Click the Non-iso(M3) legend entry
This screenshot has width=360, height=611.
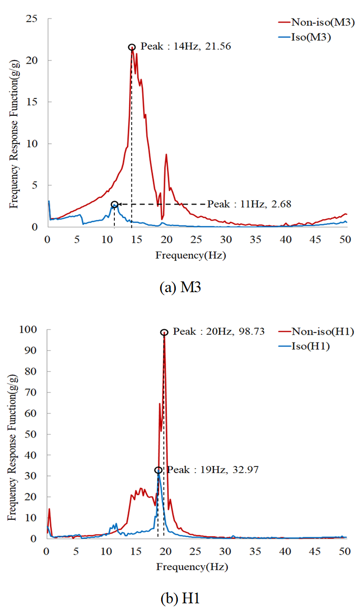(315, 22)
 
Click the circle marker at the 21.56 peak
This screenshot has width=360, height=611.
(132, 47)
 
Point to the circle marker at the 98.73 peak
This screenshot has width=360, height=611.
(164, 333)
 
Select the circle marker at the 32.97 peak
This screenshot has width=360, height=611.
(158, 470)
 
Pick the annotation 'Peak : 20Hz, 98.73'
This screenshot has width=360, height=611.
(218, 332)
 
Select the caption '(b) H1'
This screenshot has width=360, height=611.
(180, 596)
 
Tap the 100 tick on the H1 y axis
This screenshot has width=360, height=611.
(33, 330)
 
